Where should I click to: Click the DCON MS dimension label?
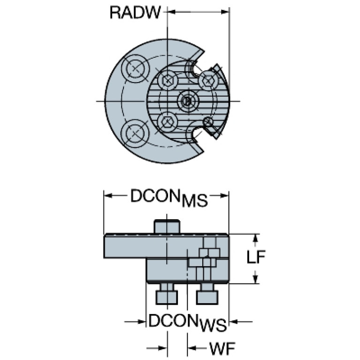coord(169,198)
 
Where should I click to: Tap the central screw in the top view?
coord(187,100)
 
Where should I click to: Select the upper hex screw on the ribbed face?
coord(167,81)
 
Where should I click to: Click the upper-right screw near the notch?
coord(207,81)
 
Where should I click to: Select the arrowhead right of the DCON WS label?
coord(233,322)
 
